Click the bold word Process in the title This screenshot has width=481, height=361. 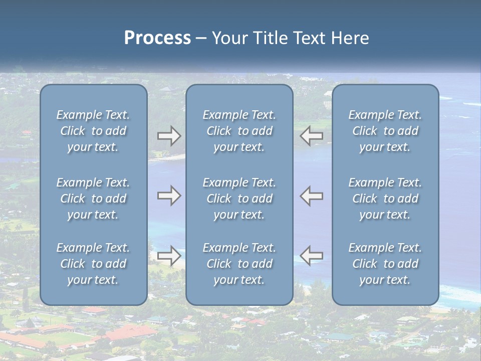(157, 38)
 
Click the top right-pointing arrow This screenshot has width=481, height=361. (169, 136)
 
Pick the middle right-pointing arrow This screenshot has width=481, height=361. (169, 196)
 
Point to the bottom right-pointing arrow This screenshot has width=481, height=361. (169, 256)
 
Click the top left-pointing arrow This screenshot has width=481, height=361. (311, 136)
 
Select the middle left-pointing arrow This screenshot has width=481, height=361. (311, 196)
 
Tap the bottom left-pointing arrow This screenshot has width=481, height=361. (311, 256)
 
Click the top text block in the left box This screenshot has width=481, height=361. (93, 131)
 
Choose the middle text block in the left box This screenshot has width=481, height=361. (93, 199)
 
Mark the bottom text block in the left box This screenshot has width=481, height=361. (93, 264)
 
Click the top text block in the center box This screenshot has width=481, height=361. (239, 131)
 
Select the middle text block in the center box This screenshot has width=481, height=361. (239, 199)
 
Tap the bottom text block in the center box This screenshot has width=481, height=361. (239, 264)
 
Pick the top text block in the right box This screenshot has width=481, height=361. (385, 131)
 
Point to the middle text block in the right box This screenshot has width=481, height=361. (385, 199)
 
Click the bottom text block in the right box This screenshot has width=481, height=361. (385, 264)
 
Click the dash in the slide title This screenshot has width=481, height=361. (201, 39)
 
